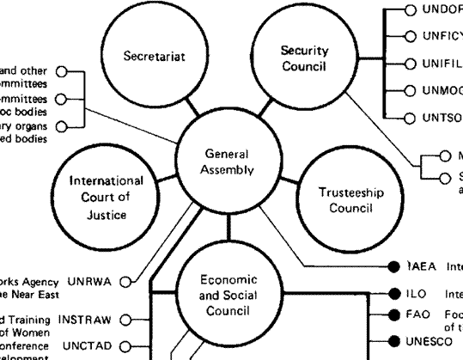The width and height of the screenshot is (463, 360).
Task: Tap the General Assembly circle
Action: click(x=228, y=161)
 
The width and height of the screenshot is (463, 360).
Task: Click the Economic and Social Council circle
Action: click(x=228, y=295)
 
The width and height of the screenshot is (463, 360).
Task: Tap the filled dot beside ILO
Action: click(x=393, y=292)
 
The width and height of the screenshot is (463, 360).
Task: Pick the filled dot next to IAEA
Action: click(x=393, y=265)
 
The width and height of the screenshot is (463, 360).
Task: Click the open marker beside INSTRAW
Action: click(x=125, y=320)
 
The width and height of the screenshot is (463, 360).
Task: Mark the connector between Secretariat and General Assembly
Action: click(x=183, y=110)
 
